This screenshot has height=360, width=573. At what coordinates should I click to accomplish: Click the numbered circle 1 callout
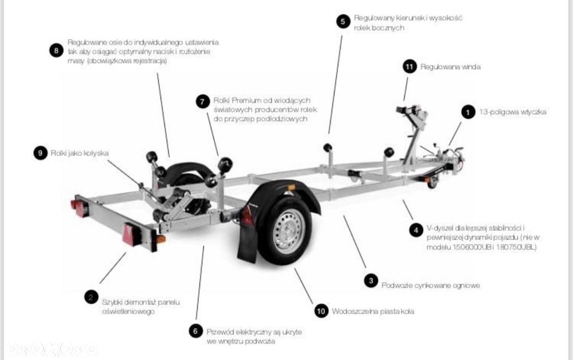point(469,112)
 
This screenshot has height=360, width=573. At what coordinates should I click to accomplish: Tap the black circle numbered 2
point(91,297)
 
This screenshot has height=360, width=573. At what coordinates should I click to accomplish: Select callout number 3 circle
point(371,280)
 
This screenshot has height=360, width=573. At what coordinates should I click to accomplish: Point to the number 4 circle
point(416,230)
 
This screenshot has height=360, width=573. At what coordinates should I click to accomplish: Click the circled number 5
point(342,21)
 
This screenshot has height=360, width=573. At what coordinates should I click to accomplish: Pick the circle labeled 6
point(196,331)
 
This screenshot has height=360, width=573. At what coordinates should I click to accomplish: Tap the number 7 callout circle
point(202,101)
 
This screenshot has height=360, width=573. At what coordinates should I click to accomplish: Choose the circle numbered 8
point(56,50)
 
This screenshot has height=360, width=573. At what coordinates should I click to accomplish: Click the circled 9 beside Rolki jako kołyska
point(40,153)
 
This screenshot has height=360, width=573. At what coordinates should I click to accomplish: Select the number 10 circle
point(321,311)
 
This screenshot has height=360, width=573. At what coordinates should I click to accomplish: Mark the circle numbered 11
point(409,66)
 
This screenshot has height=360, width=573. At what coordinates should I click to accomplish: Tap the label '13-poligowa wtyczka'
point(513,112)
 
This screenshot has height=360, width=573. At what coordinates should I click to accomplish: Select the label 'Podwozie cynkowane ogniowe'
point(430,285)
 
